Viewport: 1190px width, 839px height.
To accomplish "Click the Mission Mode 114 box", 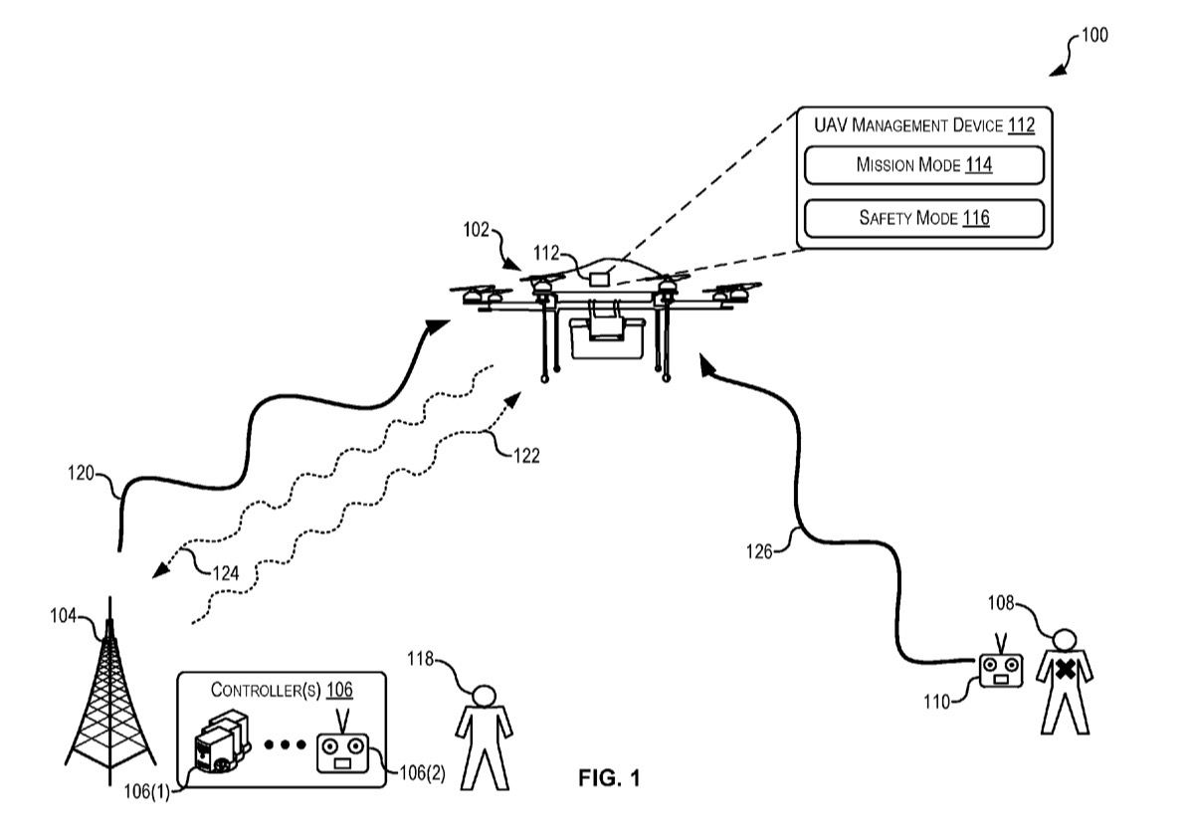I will pyautogui.click(x=923, y=165).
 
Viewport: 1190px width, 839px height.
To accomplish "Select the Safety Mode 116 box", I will pyautogui.click(x=923, y=218).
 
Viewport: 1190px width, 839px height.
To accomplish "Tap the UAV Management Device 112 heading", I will pyautogui.click(x=923, y=125).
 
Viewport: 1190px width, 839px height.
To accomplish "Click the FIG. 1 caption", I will pyautogui.click(x=609, y=778).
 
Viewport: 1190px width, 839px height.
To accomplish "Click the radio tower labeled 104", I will pyautogui.click(x=108, y=697).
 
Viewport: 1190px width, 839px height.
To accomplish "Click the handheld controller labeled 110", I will pyautogui.click(x=1001, y=669).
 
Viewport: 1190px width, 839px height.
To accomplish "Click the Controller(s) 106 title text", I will pyautogui.click(x=281, y=690).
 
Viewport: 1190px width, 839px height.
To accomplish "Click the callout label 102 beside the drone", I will pyautogui.click(x=477, y=230).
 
